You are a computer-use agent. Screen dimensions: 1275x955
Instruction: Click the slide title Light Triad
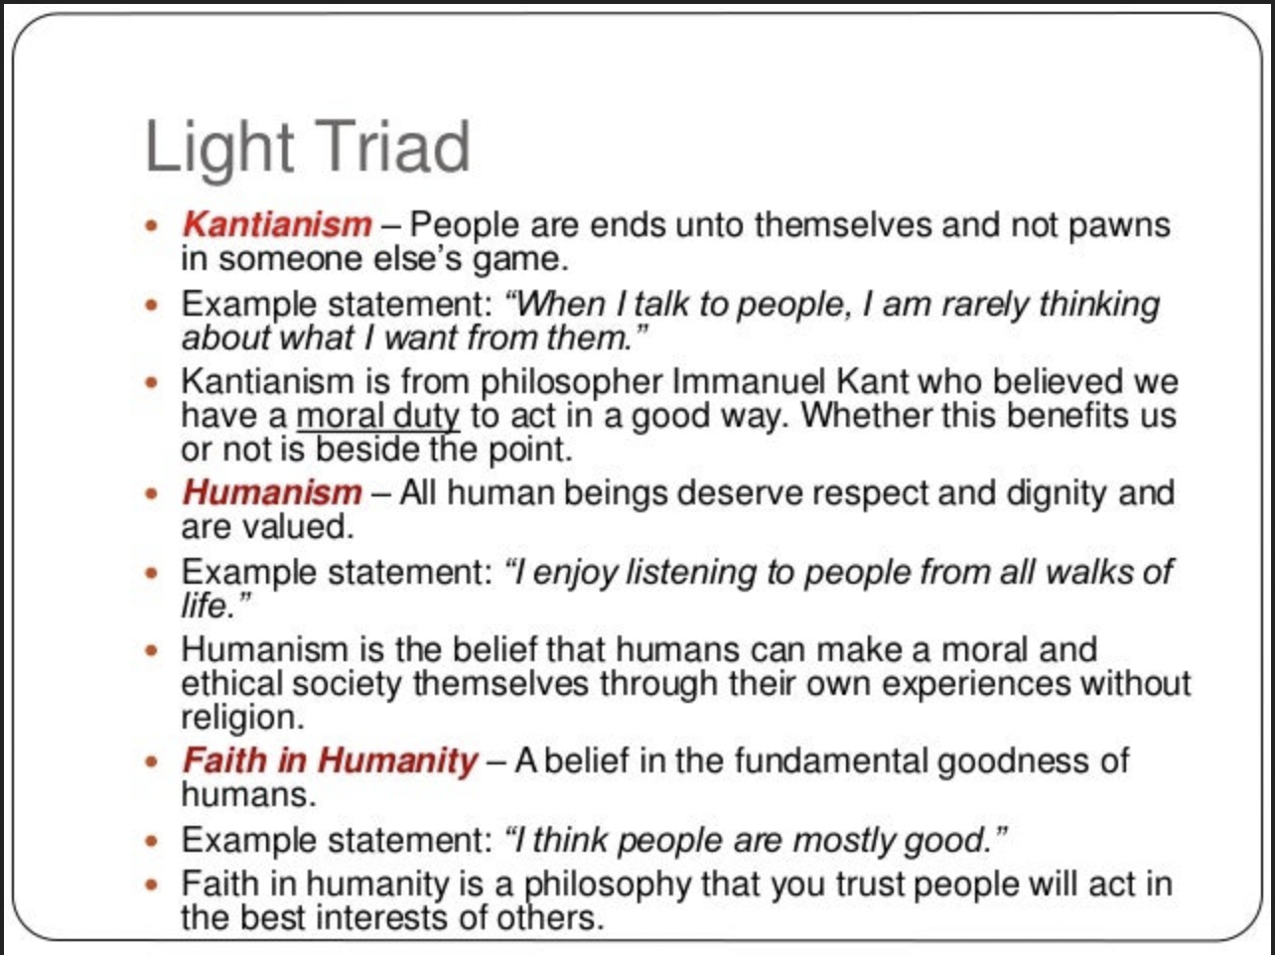pos(307,148)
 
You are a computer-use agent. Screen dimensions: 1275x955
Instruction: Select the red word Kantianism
pos(277,224)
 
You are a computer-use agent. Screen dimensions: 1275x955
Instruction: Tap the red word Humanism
pos(272,492)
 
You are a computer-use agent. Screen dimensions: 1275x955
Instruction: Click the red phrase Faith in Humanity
pos(330,761)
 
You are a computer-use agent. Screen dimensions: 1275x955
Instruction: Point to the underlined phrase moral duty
pos(378,417)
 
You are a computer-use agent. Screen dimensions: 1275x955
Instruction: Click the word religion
pos(243,719)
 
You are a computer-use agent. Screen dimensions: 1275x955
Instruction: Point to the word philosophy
pos(608,886)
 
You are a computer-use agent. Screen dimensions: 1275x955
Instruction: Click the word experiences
pos(976,685)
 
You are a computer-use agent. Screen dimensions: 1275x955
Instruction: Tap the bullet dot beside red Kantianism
pos(152,225)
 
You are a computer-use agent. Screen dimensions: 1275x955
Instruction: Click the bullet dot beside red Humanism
pos(152,493)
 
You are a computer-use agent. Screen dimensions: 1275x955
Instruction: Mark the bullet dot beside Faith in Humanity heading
pos(152,761)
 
